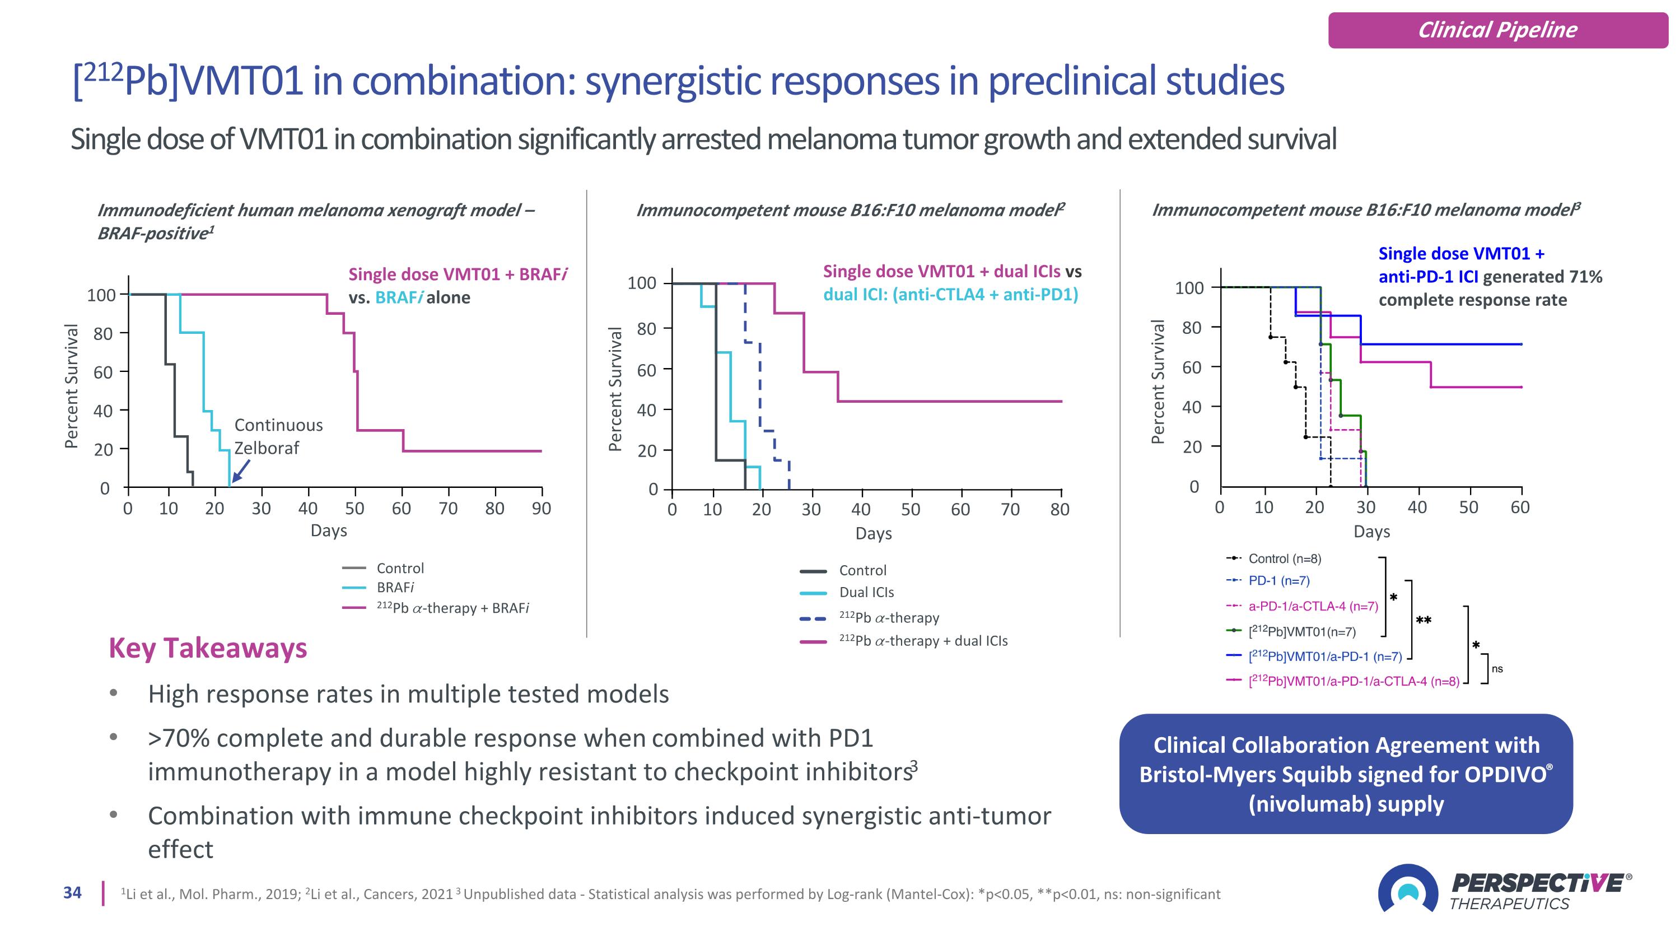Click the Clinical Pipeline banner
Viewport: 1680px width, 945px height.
(1497, 30)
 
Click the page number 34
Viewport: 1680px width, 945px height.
(72, 892)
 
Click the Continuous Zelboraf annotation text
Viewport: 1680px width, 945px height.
(278, 436)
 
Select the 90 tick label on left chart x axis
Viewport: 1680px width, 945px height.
(542, 509)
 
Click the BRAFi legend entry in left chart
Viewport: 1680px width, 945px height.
(395, 587)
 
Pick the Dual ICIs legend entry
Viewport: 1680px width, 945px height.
(866, 592)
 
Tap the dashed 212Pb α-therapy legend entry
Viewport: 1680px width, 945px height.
(889, 618)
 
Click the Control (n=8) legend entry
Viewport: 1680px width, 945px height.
(1284, 558)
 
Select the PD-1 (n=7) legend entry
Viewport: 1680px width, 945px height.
(1278, 580)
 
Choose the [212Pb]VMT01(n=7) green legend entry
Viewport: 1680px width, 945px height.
(1301, 631)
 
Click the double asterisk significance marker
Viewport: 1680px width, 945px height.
(1424, 621)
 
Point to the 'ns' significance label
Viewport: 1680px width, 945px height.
(1497, 668)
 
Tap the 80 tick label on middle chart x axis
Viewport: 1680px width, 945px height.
(1060, 509)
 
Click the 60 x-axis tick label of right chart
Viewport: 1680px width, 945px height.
(1520, 508)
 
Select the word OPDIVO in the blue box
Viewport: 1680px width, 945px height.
(1505, 774)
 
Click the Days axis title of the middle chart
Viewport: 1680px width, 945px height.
(873, 533)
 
